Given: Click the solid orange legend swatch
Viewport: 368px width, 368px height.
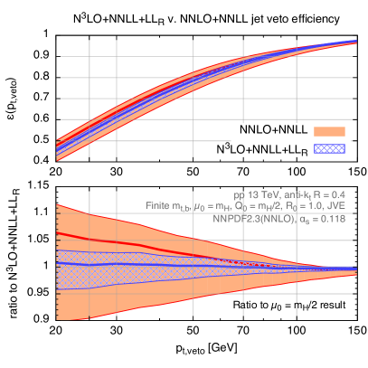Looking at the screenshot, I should click(x=329, y=131).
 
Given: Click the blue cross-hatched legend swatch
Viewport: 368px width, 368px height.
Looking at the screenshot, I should click(x=329, y=146).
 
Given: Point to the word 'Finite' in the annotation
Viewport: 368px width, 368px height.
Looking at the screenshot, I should click(x=159, y=206).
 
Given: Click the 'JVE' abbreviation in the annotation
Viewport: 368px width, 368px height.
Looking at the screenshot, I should click(x=336, y=206).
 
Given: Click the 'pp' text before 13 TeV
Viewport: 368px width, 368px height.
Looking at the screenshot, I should click(x=239, y=194).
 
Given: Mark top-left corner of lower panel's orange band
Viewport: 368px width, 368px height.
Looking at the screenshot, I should click(x=58, y=205).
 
